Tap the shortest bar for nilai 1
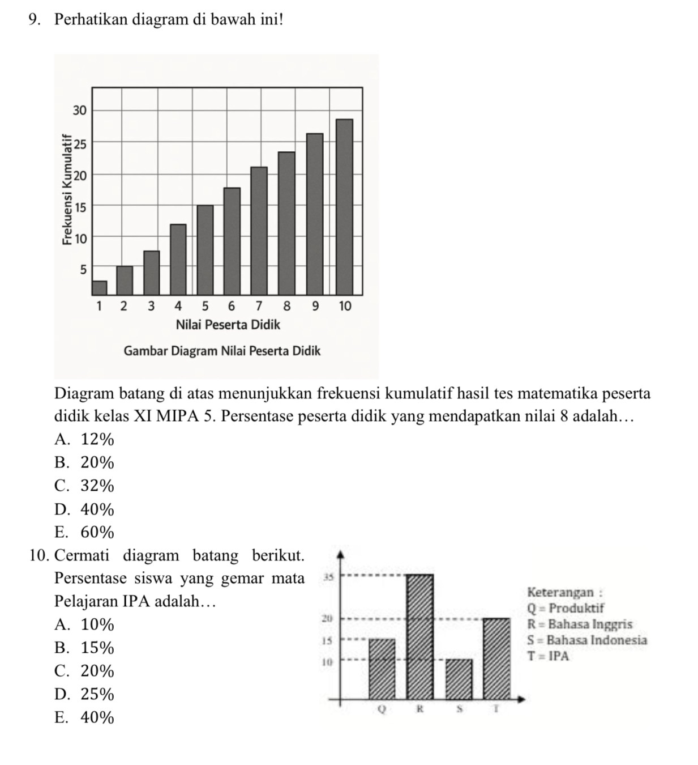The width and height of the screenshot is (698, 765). click(99, 288)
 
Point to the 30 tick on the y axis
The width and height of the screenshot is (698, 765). click(80, 110)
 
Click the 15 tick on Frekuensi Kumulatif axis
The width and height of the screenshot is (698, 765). click(80, 207)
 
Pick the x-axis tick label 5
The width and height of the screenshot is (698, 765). click(204, 307)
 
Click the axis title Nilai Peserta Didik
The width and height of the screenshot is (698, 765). click(228, 325)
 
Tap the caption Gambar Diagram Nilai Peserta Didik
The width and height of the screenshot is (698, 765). click(222, 351)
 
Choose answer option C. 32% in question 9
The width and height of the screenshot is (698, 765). click(84, 486)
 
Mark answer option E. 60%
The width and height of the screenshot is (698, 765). click(84, 533)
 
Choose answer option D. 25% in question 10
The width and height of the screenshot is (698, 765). click(84, 694)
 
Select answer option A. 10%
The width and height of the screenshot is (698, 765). click(84, 624)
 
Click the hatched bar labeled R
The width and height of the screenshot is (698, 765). click(420, 637)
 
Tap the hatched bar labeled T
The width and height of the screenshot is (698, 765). click(496, 659)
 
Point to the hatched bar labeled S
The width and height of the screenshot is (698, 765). click(459, 679)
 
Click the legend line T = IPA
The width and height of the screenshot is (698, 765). click(548, 657)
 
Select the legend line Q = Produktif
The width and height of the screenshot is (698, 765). click(566, 609)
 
